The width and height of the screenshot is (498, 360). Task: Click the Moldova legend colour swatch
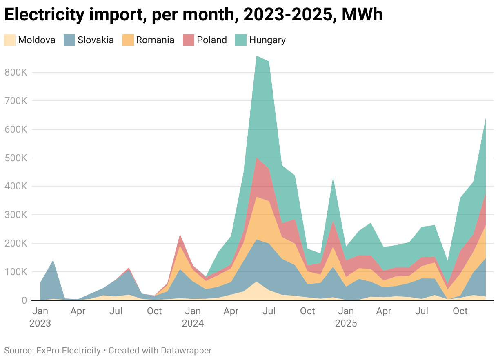[x=10, y=40]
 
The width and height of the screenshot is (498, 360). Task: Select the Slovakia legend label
[x=96, y=40]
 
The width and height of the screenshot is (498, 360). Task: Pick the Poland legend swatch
[x=189, y=40]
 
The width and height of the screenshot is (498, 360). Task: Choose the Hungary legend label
[x=267, y=40]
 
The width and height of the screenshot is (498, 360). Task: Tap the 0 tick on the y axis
[x=23, y=300]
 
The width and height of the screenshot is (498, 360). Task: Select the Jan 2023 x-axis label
[x=40, y=317]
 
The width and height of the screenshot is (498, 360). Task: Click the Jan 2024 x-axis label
[x=193, y=317]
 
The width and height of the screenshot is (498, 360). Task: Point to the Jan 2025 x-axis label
[x=346, y=317]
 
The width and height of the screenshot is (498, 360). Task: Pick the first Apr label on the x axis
[x=78, y=311]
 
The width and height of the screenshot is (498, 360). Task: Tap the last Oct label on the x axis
[x=460, y=311]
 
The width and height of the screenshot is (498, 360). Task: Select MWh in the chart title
[x=362, y=15]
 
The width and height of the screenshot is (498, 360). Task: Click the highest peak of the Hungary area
[x=256, y=56]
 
